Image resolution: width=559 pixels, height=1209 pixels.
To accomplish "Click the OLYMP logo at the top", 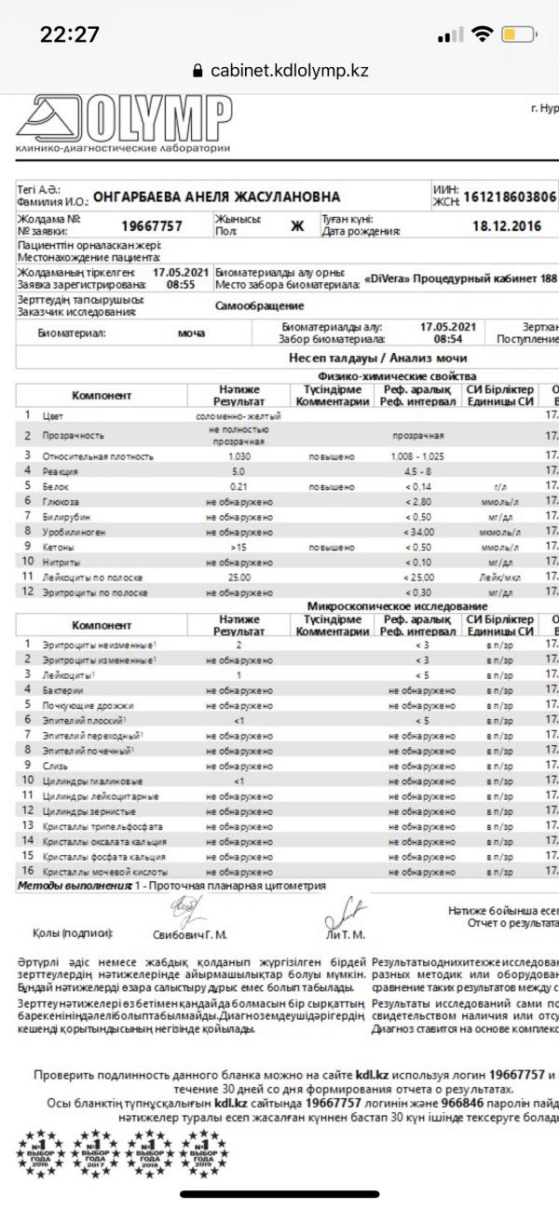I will click(123, 124).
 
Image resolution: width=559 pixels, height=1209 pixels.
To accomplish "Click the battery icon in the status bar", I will click(518, 34).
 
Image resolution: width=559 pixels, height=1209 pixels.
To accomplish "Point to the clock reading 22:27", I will click(70, 34).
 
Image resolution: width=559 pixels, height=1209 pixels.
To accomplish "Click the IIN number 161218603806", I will click(509, 197).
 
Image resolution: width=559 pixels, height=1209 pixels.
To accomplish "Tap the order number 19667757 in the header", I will click(152, 225).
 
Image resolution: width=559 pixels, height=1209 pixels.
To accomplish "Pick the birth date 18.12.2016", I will click(506, 225).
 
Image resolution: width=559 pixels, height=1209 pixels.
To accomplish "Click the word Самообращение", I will click(260, 306).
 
